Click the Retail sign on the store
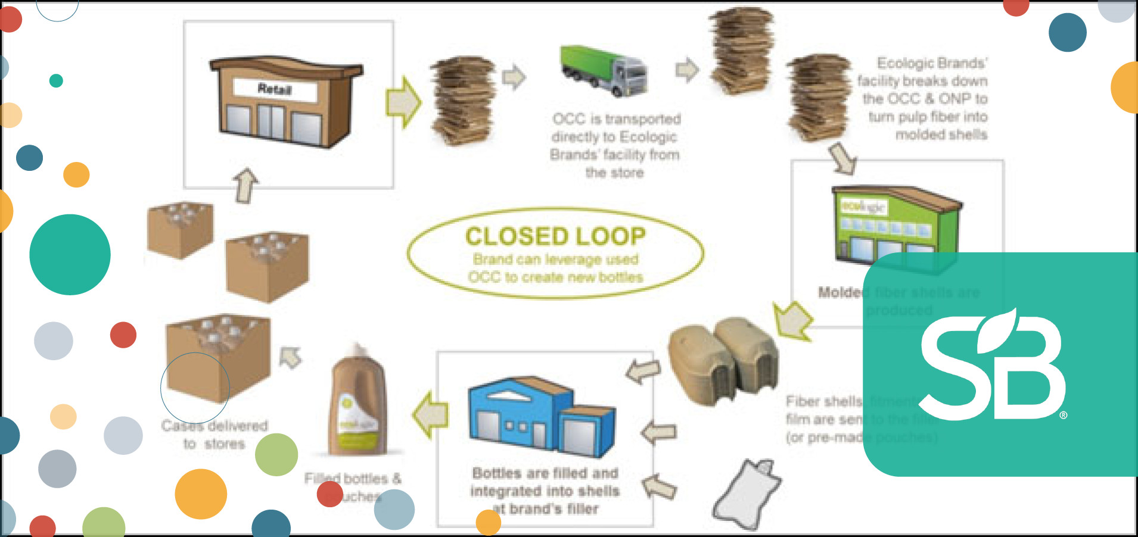275,89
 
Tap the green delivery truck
603,71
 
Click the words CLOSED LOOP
555,236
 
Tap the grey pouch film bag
747,494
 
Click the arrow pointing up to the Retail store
245,185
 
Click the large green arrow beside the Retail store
403,102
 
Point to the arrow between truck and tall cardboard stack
686,70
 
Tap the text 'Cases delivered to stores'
214,435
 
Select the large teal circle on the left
70,255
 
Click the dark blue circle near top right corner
1067,32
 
